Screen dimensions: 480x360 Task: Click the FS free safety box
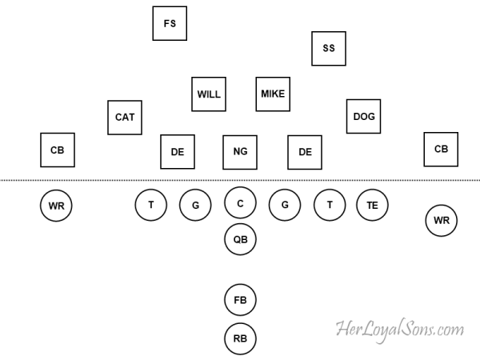pyautogui.click(x=170, y=23)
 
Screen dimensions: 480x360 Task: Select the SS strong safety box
pyautogui.click(x=329, y=48)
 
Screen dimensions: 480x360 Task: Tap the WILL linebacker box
pyautogui.click(x=209, y=94)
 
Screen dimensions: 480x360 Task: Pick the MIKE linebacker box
pyautogui.click(x=273, y=94)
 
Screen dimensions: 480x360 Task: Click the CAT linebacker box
pyautogui.click(x=125, y=117)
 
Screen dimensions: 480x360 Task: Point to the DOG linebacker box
pyautogui.click(x=364, y=116)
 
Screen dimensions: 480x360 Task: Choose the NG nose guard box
pyautogui.click(x=240, y=152)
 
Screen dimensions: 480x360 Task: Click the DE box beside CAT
pyautogui.click(x=178, y=152)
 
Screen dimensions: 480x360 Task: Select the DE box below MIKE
pyautogui.click(x=305, y=152)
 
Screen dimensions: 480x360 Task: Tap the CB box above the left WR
pyautogui.click(x=58, y=150)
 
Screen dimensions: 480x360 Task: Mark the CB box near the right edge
pyautogui.click(x=441, y=149)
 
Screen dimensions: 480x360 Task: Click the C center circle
pyautogui.click(x=240, y=203)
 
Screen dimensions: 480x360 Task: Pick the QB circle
pyautogui.click(x=240, y=239)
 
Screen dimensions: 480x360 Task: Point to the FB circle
pyautogui.click(x=240, y=300)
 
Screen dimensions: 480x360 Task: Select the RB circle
pyautogui.click(x=240, y=338)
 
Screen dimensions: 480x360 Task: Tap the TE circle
pyautogui.click(x=372, y=205)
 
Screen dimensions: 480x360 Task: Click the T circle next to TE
pyautogui.click(x=330, y=205)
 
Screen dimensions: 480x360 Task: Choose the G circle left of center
pyautogui.click(x=195, y=205)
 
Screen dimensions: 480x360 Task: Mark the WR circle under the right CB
pyautogui.click(x=441, y=220)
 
